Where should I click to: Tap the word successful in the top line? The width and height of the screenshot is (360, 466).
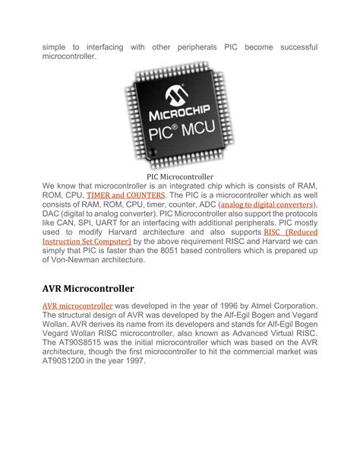(x=292, y=47)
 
